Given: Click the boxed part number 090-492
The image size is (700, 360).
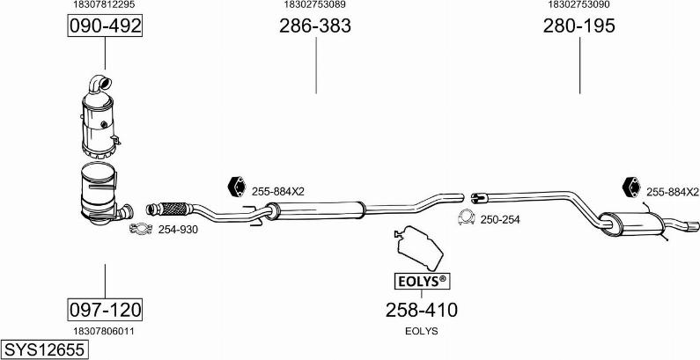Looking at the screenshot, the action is pyautogui.click(x=105, y=26).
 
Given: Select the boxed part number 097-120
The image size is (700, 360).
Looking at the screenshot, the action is pyautogui.click(x=105, y=309).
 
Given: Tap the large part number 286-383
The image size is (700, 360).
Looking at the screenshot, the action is pyautogui.click(x=315, y=26).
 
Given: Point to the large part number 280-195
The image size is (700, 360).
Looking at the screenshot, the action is pyautogui.click(x=579, y=26).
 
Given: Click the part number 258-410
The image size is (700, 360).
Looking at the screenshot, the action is pyautogui.click(x=422, y=310).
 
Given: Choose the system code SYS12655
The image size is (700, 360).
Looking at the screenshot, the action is pyautogui.click(x=45, y=349).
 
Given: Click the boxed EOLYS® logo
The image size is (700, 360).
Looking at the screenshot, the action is pyautogui.click(x=422, y=281).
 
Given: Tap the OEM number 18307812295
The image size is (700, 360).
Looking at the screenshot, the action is pyautogui.click(x=104, y=4).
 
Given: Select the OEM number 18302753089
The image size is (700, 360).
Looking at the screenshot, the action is pyautogui.click(x=314, y=4).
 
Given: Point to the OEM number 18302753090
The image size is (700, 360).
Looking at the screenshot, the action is pyautogui.click(x=579, y=4).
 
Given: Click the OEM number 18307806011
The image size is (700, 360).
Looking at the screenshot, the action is pyautogui.click(x=104, y=331).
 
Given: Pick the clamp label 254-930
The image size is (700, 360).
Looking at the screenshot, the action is pyautogui.click(x=178, y=230).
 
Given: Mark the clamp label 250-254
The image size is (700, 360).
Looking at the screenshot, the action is pyautogui.click(x=500, y=219).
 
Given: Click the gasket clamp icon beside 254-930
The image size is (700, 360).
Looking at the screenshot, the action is pyautogui.click(x=141, y=228).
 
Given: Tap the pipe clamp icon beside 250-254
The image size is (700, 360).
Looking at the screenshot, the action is pyautogui.click(x=466, y=217).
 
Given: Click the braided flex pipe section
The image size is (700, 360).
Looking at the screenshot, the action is pyautogui.click(x=173, y=209).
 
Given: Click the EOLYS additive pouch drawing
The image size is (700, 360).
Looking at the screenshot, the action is pyautogui.click(x=419, y=247).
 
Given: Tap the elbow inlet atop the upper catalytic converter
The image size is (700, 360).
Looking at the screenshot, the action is pyautogui.click(x=99, y=84).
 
